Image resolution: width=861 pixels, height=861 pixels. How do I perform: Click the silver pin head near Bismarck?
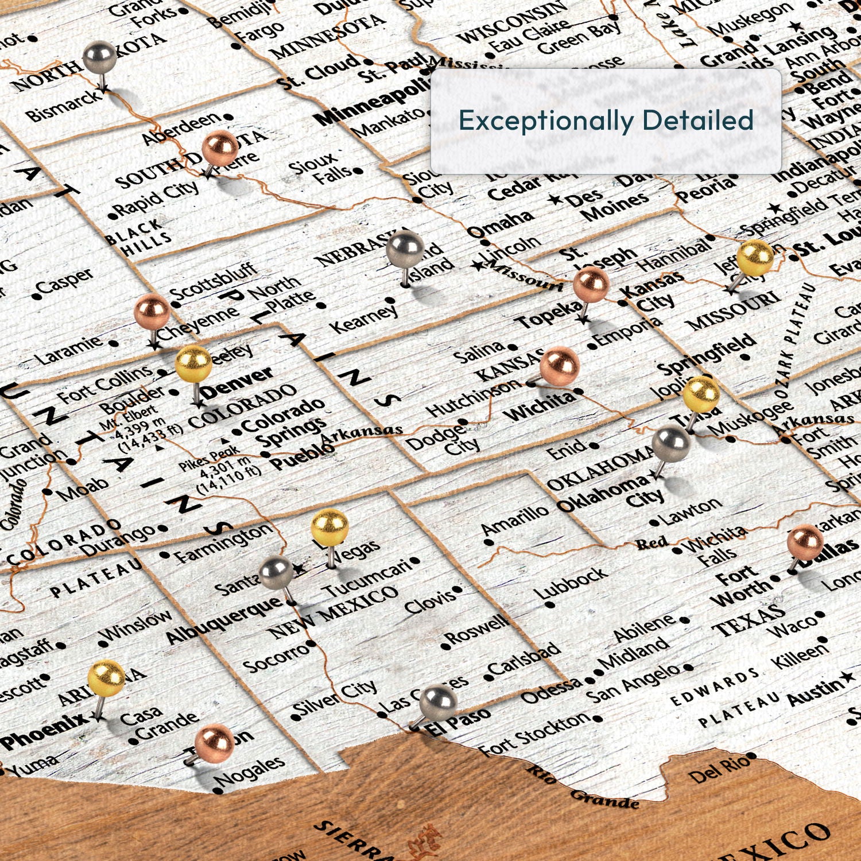pos(100,57)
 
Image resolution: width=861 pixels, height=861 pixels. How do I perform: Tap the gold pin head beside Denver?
pos(193,364)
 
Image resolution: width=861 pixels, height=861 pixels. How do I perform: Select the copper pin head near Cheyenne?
pos(152,312)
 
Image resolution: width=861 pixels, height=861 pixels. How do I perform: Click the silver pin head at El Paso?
pos(438,703)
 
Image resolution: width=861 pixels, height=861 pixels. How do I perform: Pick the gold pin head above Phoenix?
pos(106,678)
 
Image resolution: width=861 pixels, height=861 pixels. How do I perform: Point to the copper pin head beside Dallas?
pos(805,542)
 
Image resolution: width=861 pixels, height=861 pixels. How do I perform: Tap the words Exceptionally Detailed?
pos(606,121)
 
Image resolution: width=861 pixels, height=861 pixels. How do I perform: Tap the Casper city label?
pos(64,282)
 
